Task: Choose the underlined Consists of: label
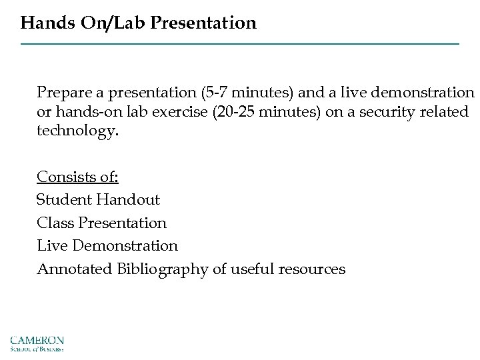[x=77, y=177]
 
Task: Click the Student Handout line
[x=98, y=200]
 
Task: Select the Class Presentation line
[x=101, y=223]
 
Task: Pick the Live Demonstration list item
[x=107, y=246]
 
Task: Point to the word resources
[x=312, y=269]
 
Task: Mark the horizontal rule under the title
[x=240, y=44]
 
